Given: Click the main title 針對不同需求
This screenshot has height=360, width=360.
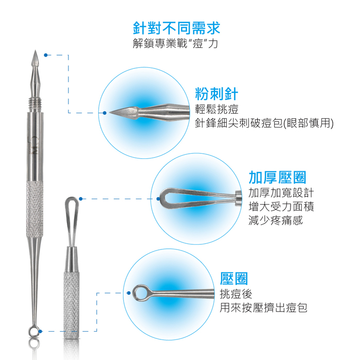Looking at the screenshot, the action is [x=176, y=28].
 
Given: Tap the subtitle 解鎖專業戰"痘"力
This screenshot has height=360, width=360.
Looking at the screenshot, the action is [x=175, y=43].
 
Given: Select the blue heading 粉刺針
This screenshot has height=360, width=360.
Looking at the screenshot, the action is [x=217, y=94].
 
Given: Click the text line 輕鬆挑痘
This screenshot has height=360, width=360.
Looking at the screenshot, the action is [x=217, y=109].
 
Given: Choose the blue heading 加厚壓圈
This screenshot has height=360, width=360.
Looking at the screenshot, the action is [x=277, y=177].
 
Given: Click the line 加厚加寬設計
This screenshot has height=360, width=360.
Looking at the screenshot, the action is [x=281, y=193].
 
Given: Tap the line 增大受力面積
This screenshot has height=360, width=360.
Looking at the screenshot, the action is [x=281, y=206].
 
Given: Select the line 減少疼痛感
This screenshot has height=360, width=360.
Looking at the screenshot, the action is [x=276, y=220].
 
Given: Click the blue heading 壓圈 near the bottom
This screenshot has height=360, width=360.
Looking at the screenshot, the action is [x=234, y=279].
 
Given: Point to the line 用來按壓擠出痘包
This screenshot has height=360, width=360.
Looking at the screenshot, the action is [x=263, y=308].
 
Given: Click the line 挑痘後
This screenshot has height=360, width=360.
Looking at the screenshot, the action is [x=236, y=294].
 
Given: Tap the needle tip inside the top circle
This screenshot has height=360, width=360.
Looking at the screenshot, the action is [x=110, y=113].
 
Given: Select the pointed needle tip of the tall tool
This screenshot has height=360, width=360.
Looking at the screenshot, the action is [x=35, y=51].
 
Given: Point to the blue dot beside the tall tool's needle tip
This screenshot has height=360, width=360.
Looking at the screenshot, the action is [x=46, y=55].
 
